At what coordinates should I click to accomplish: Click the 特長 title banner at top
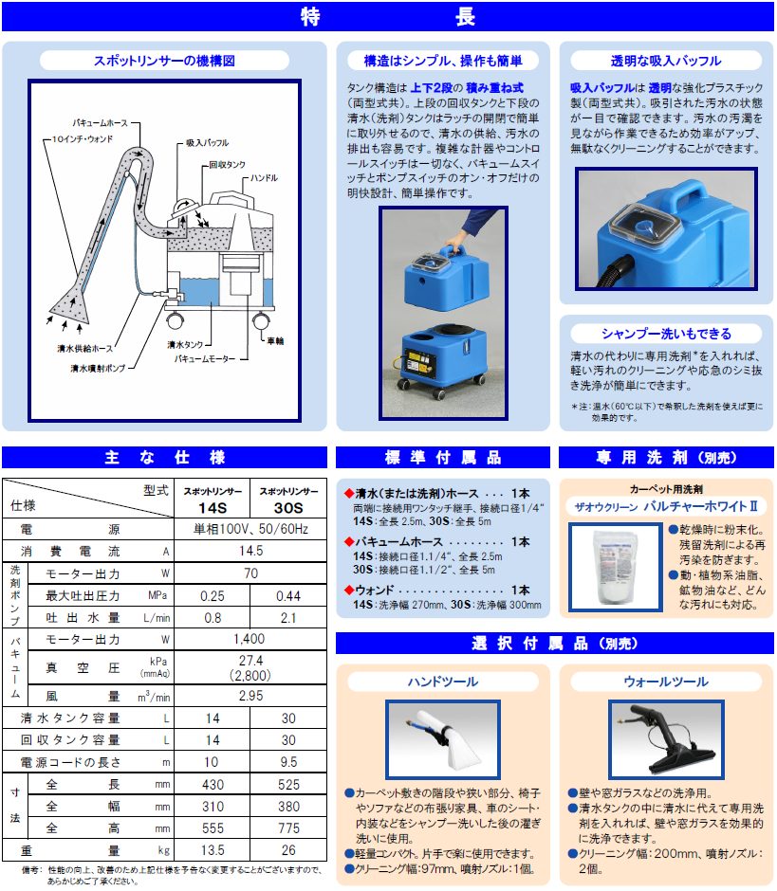pos(388,17)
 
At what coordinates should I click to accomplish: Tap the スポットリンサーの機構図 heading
pos(164,60)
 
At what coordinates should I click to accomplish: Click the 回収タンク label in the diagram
pos(227,164)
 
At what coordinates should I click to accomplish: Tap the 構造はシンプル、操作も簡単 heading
pos(443,61)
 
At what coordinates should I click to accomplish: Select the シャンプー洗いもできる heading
pos(666,334)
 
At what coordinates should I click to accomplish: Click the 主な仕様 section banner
pos(165,458)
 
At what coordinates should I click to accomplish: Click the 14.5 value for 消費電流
pos(250,550)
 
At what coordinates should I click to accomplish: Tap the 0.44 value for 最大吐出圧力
pos(287,594)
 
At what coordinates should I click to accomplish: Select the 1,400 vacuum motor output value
pos(250,640)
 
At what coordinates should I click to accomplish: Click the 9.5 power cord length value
pos(287,761)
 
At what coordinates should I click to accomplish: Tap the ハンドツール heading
pos(443,682)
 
